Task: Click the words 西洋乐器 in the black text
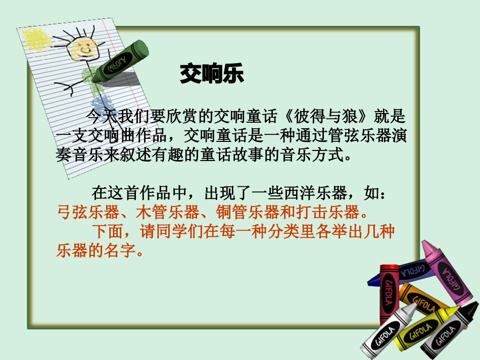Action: pos(315,192)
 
